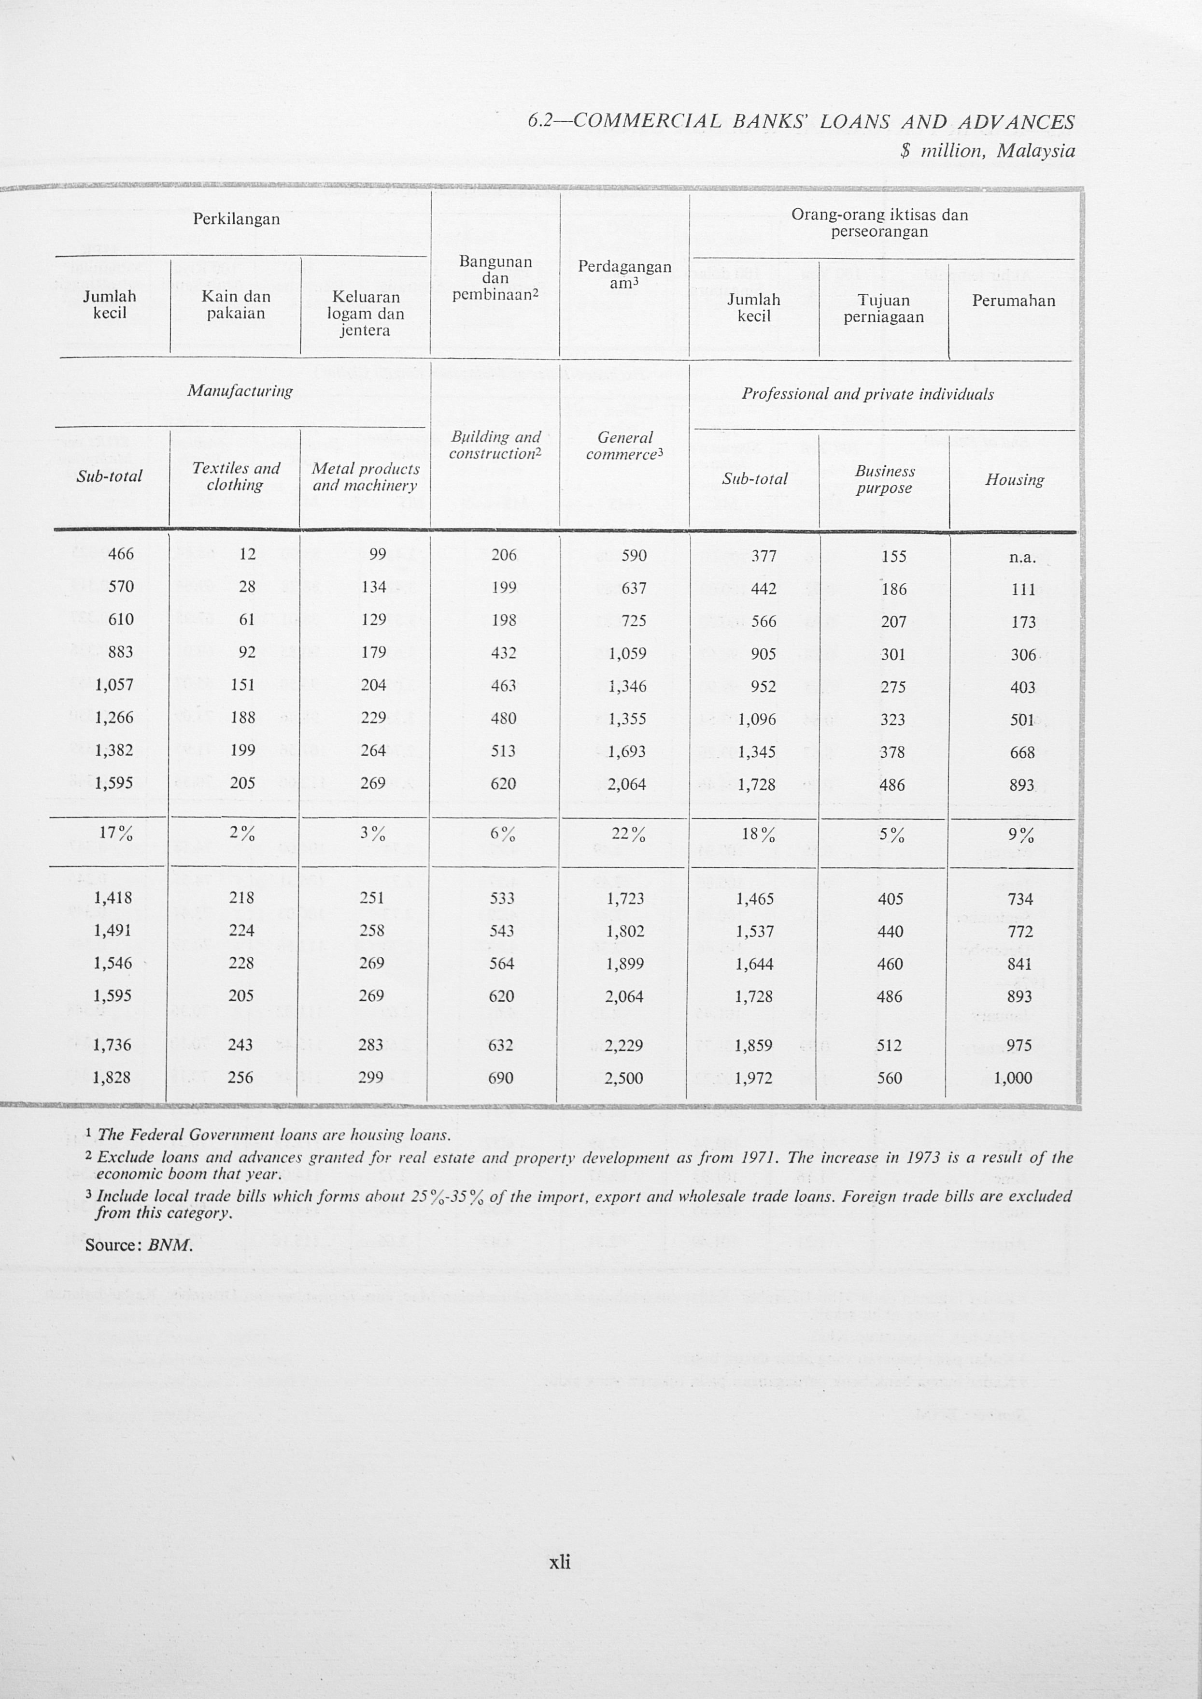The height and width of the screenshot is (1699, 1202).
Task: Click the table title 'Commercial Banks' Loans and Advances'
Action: (x=802, y=122)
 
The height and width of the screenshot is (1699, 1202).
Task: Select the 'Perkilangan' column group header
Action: (x=236, y=219)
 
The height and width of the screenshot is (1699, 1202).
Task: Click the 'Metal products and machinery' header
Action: (x=365, y=477)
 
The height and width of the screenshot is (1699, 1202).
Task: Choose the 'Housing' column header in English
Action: (x=1014, y=480)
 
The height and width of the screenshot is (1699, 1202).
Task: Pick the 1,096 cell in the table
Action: (x=756, y=719)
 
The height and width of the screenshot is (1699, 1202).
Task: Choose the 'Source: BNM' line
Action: (x=139, y=1245)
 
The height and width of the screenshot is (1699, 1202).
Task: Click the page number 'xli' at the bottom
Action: (x=560, y=1562)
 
